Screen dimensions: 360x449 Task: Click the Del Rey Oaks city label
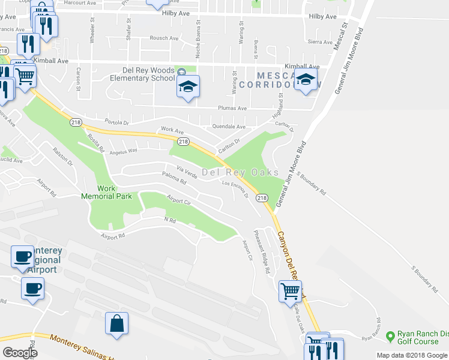240,173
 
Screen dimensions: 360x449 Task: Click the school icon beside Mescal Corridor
306,81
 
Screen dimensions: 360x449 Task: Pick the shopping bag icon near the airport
117,323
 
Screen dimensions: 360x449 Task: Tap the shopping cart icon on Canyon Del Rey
291,292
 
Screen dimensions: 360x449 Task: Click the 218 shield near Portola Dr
76,122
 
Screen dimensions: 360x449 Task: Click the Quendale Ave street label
229,127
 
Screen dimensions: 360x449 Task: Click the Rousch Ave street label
164,38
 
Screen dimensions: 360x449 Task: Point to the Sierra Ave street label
320,42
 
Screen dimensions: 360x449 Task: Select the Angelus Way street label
124,151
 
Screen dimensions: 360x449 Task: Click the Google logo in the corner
20,353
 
